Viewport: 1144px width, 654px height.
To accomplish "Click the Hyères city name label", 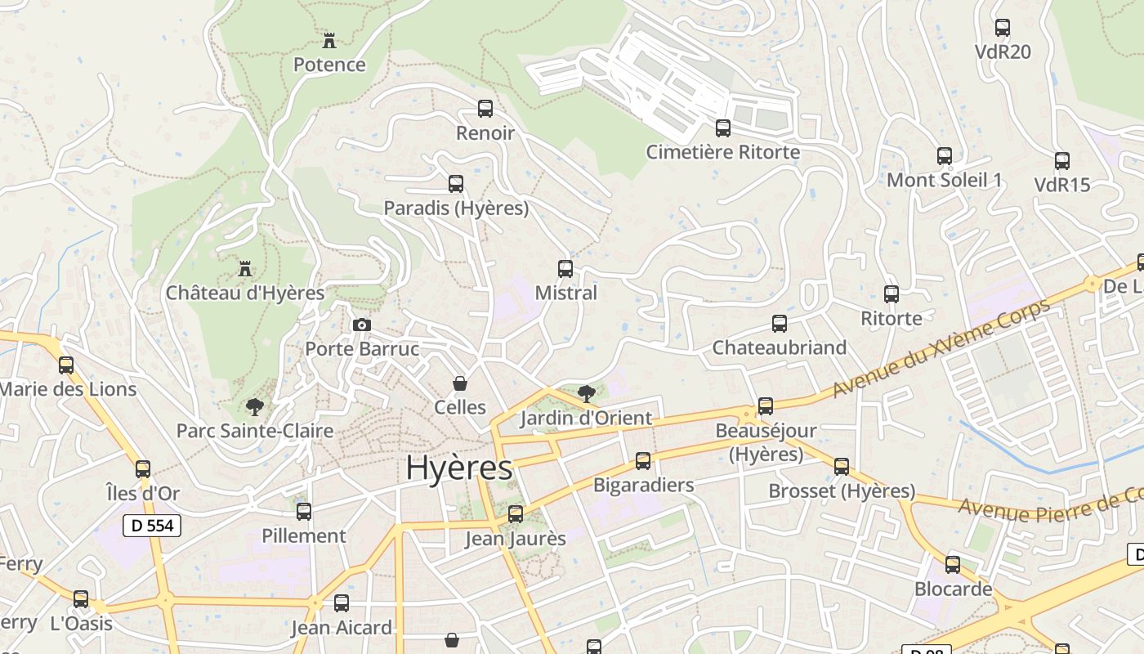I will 459,468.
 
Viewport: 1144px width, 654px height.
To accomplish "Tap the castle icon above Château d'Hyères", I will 244,268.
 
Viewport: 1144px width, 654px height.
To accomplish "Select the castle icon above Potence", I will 329,40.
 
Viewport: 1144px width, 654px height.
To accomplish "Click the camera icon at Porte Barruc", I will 361,325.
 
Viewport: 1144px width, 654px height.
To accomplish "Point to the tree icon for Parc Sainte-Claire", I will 255,406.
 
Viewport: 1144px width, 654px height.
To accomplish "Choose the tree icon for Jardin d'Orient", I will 586,394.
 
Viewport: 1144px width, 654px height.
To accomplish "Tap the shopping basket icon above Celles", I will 460,383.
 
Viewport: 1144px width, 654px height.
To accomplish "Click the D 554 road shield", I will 152,526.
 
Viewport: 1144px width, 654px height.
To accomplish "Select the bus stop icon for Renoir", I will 485,109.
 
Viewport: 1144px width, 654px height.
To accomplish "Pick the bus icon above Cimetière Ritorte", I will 723,128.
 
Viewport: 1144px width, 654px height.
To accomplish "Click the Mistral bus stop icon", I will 565,268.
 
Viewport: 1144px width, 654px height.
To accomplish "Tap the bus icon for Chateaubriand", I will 780,324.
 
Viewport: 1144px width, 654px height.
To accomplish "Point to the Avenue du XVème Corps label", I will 941,349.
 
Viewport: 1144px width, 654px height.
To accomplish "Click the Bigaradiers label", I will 643,485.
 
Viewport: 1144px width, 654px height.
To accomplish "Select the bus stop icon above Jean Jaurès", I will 516,514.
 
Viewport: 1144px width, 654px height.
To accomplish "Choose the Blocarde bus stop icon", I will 953,565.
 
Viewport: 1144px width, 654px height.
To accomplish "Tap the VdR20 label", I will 1003,52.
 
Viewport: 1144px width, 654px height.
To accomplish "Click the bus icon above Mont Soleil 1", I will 945,155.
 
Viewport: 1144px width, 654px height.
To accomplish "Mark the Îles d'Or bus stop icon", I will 143,469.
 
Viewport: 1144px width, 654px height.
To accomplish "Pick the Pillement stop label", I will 304,536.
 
